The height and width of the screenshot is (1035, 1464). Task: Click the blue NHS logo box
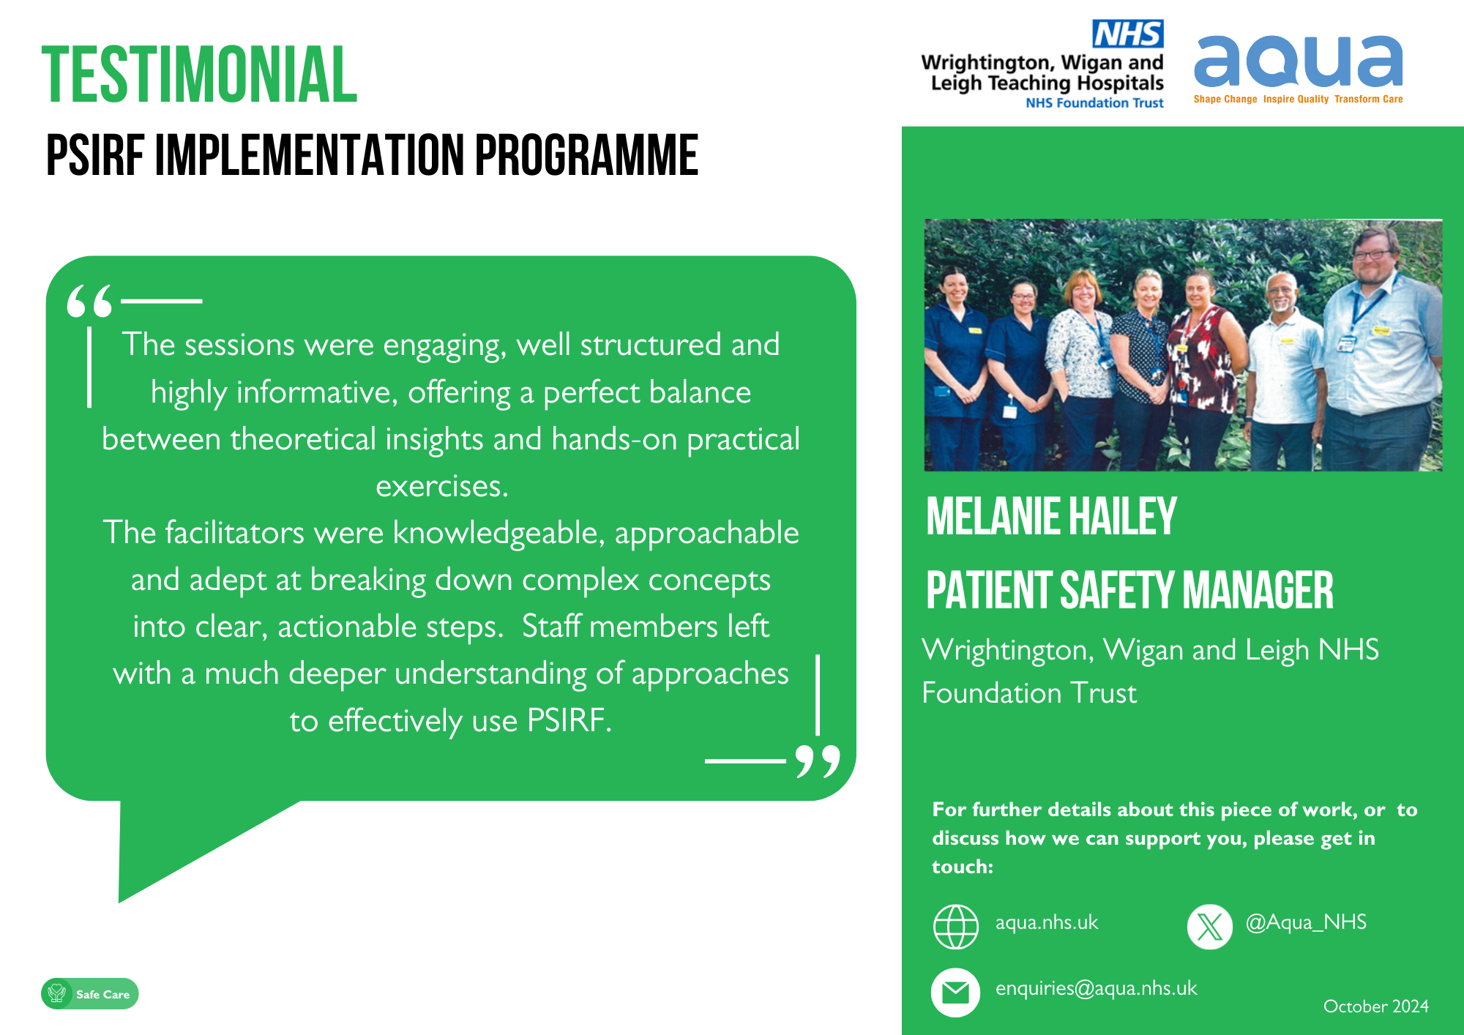pyautogui.click(x=1127, y=34)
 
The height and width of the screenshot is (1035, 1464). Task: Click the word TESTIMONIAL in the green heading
pyautogui.click(x=199, y=75)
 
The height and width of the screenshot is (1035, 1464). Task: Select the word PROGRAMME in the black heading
pyautogui.click(x=586, y=155)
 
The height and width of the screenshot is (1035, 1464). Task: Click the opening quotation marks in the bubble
pyautogui.click(x=90, y=301)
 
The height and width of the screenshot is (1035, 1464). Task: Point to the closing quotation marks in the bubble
pyautogui.click(x=818, y=762)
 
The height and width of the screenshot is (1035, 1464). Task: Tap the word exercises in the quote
pyautogui.click(x=442, y=486)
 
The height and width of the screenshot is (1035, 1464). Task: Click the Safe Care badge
pyautogui.click(x=90, y=994)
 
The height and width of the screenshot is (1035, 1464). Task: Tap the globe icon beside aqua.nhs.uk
pyautogui.click(x=956, y=927)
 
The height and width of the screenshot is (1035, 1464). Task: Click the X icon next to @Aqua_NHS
pyautogui.click(x=1210, y=927)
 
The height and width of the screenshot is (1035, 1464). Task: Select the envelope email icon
pyautogui.click(x=955, y=993)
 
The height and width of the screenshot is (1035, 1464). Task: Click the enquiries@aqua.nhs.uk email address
pyautogui.click(x=1096, y=988)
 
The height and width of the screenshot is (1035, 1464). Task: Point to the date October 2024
pyautogui.click(x=1376, y=1006)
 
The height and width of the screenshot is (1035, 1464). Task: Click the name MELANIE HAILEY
pyautogui.click(x=1051, y=517)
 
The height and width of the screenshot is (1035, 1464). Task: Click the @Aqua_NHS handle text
pyautogui.click(x=1306, y=922)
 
